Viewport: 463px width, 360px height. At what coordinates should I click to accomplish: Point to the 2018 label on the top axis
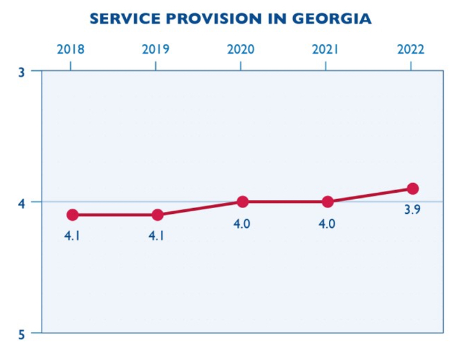tap(70, 49)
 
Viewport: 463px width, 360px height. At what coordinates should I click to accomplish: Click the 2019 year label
tap(156, 49)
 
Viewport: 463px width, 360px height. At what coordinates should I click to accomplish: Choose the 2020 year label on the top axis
tap(241, 49)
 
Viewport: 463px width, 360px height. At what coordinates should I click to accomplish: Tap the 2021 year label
tap(326, 49)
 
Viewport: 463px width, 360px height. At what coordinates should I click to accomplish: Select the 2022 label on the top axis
tap(411, 49)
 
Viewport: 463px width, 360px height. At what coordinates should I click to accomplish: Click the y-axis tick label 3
tap(22, 71)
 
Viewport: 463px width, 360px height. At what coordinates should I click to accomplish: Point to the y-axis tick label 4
tap(22, 202)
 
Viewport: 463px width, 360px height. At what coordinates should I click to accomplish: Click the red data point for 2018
tap(72, 214)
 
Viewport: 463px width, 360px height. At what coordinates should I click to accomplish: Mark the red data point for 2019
tap(157, 214)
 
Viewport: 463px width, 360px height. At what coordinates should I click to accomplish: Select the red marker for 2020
tap(243, 202)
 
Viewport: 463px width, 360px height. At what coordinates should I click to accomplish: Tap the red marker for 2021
tap(328, 202)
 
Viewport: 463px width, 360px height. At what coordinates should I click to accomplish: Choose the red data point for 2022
tap(413, 188)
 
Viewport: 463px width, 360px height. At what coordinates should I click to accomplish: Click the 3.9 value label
tap(412, 210)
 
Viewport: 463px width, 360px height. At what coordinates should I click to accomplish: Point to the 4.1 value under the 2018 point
tap(72, 236)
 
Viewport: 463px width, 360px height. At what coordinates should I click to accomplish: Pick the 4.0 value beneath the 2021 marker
tap(327, 223)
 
